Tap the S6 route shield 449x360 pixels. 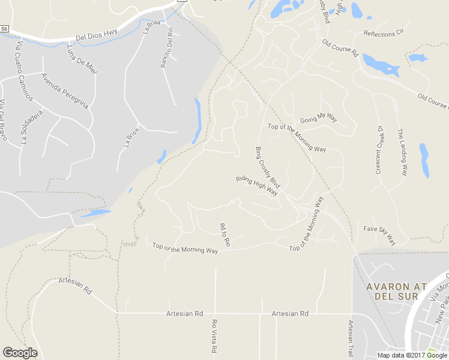click(5, 28)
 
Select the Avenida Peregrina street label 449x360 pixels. click(64, 91)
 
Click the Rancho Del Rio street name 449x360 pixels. click(166, 48)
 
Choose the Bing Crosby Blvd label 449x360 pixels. click(268, 167)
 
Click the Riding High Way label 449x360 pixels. click(257, 186)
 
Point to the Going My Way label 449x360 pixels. click(319, 118)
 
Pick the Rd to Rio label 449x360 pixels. click(225, 235)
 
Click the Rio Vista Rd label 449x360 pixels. click(214, 335)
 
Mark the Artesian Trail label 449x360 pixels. click(351, 337)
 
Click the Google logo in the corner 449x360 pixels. click(20, 353)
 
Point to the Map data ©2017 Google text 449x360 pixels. click(412, 355)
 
